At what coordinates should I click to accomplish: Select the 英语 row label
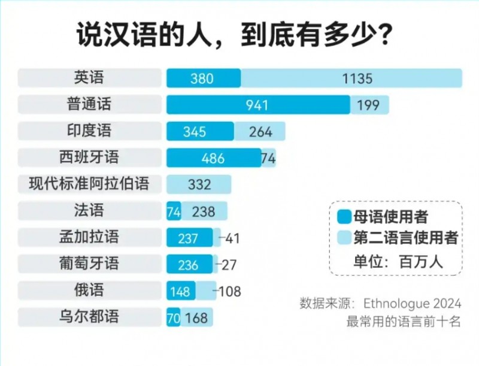pyautogui.click(x=89, y=78)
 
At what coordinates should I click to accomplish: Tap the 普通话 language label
pyautogui.click(x=89, y=104)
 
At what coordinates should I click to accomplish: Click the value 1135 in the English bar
pyautogui.click(x=357, y=78)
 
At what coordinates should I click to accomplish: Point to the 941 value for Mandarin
pyautogui.click(x=257, y=105)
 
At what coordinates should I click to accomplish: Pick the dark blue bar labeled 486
pyautogui.click(x=213, y=158)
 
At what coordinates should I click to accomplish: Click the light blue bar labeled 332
pyautogui.click(x=199, y=184)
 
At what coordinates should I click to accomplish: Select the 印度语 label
pyautogui.click(x=89, y=131)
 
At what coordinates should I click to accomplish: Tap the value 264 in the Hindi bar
pyautogui.click(x=260, y=132)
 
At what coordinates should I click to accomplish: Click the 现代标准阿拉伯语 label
pyautogui.click(x=89, y=183)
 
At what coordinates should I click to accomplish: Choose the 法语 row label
pyautogui.click(x=89, y=210)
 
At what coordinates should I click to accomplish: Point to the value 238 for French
pyautogui.click(x=204, y=211)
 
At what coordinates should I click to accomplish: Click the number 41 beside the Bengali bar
pyautogui.click(x=232, y=238)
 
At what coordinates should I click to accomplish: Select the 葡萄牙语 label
pyautogui.click(x=89, y=262)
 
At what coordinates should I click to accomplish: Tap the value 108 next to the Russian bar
pyautogui.click(x=230, y=291)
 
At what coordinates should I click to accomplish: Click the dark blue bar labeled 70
pyautogui.click(x=173, y=317)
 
